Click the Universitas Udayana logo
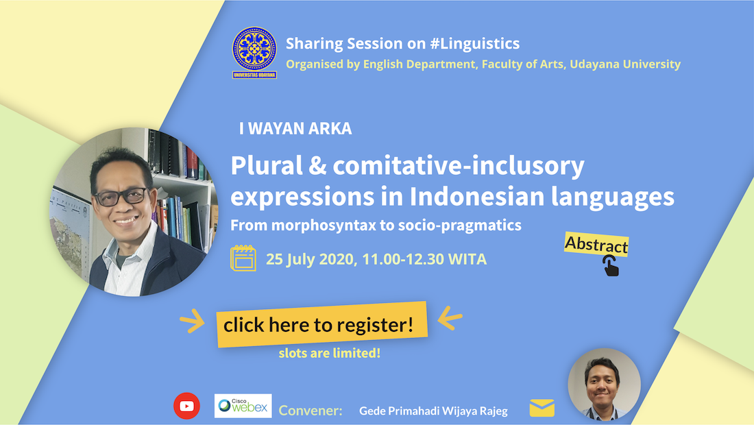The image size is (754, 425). tap(254, 52)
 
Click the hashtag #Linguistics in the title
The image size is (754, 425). tap(474, 44)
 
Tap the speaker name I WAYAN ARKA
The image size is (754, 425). tap(295, 128)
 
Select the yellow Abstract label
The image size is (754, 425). tap(596, 245)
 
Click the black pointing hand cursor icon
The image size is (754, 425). tap(611, 266)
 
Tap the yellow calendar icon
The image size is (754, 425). tap(243, 258)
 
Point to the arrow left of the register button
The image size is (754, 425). tap(193, 321)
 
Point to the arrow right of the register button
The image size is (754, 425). tap(450, 318)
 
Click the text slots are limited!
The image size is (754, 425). tap(330, 353)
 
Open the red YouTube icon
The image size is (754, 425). tap(186, 406)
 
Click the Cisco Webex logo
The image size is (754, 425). tap(243, 406)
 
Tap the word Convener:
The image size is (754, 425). tap(311, 410)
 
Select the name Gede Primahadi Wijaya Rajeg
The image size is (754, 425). tap(433, 411)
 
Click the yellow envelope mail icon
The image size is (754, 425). tap(542, 408)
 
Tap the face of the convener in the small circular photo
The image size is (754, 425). tap(602, 382)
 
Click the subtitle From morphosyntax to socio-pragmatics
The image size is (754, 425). tap(376, 225)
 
